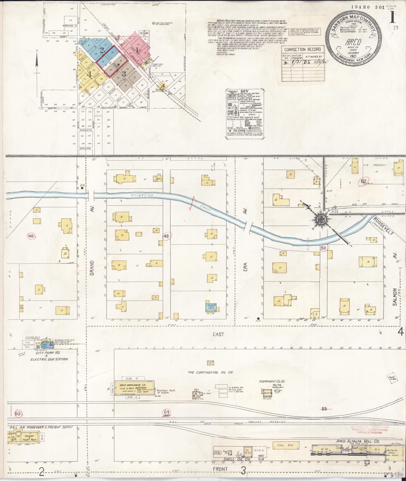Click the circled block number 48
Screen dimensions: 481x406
pos(31,236)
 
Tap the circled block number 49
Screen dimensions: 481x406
pos(166,236)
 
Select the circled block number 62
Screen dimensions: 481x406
pos(363,181)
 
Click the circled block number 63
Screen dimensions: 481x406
pos(18,413)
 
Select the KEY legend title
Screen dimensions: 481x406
pos(244,92)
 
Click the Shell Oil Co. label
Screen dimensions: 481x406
pos(234,466)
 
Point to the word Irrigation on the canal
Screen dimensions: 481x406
pos(142,195)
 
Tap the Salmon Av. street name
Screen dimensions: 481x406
pos(394,297)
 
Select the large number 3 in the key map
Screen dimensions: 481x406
pos(124,74)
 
